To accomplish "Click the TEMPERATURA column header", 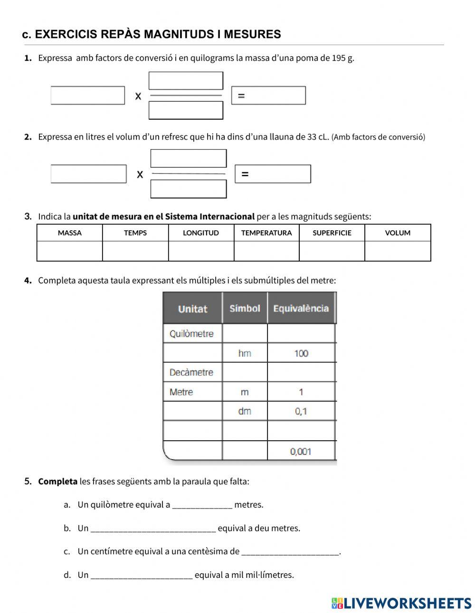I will tap(266, 233).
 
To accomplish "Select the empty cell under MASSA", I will tap(70, 251).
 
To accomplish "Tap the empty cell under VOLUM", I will tap(398, 251).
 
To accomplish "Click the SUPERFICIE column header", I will tap(332, 233).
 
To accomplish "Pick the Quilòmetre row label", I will tap(191, 334).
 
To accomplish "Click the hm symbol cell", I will tap(245, 353).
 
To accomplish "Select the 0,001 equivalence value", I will tap(301, 452).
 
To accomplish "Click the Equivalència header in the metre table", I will tap(301, 309).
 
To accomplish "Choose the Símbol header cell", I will tap(245, 309).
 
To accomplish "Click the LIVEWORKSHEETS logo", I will tap(401, 603).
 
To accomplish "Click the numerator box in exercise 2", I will tap(189, 159).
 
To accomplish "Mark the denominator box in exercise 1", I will tap(186, 111).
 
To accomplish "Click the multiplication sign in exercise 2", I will tap(140, 175).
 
